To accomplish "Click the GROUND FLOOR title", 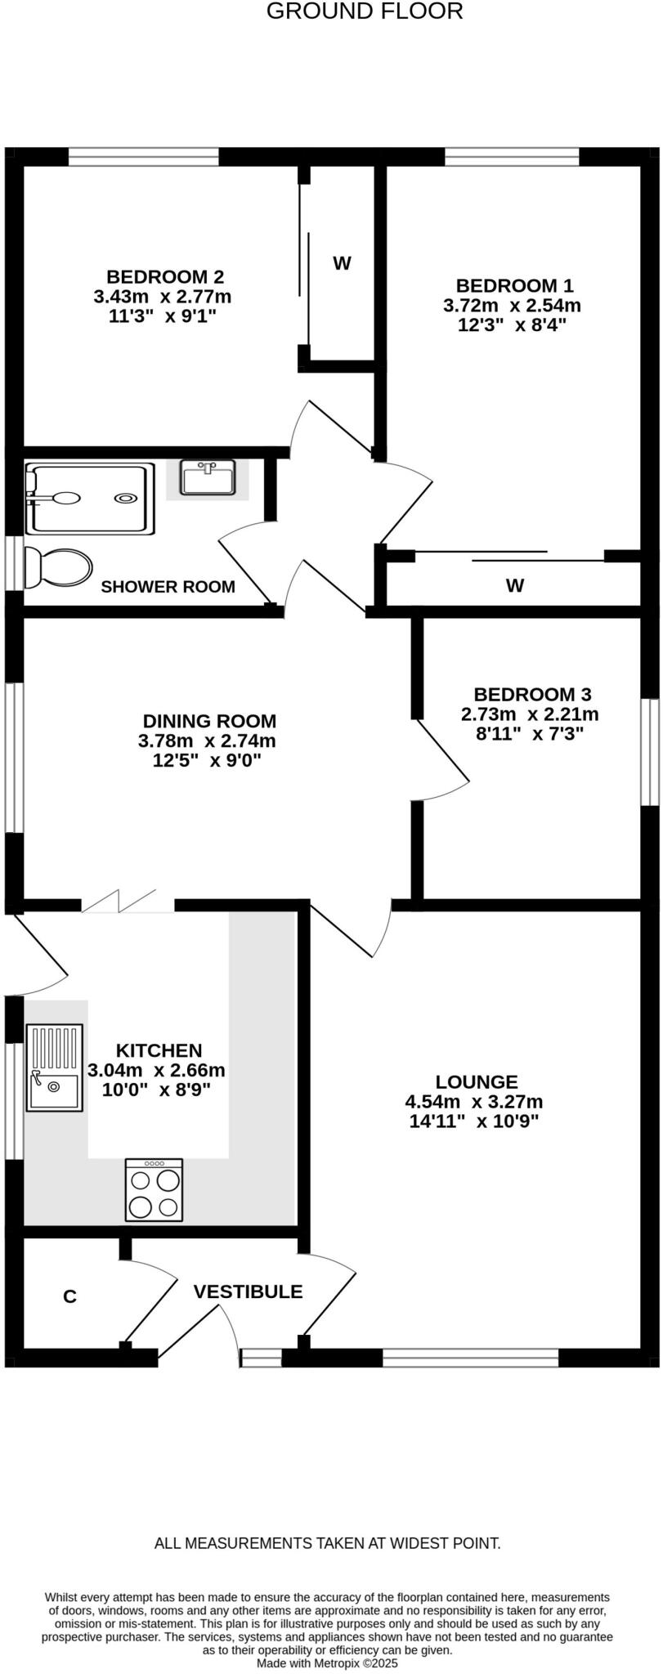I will click(x=365, y=11).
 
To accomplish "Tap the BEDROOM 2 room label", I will click(x=165, y=276).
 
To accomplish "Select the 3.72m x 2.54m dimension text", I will click(x=512, y=306).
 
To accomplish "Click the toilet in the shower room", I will click(x=57, y=567).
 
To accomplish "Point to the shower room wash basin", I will click(x=208, y=478).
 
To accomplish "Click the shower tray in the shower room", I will click(x=90, y=499).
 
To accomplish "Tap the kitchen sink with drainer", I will click(x=55, y=1068).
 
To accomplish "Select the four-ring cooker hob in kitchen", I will click(x=154, y=1189).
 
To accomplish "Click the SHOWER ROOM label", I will click(x=168, y=587).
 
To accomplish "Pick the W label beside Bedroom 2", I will click(x=342, y=263).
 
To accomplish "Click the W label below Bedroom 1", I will click(x=514, y=585).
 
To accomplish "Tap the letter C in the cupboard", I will click(x=70, y=1296).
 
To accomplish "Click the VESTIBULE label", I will click(x=248, y=1291).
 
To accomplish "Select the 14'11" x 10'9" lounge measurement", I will click(x=473, y=1121).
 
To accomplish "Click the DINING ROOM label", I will click(x=209, y=721).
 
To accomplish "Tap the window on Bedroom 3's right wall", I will click(x=650, y=752).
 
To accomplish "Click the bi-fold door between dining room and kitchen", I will click(x=128, y=902).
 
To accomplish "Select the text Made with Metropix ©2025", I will click(x=327, y=1663).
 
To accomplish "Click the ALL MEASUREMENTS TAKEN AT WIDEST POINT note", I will click(x=327, y=1543).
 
